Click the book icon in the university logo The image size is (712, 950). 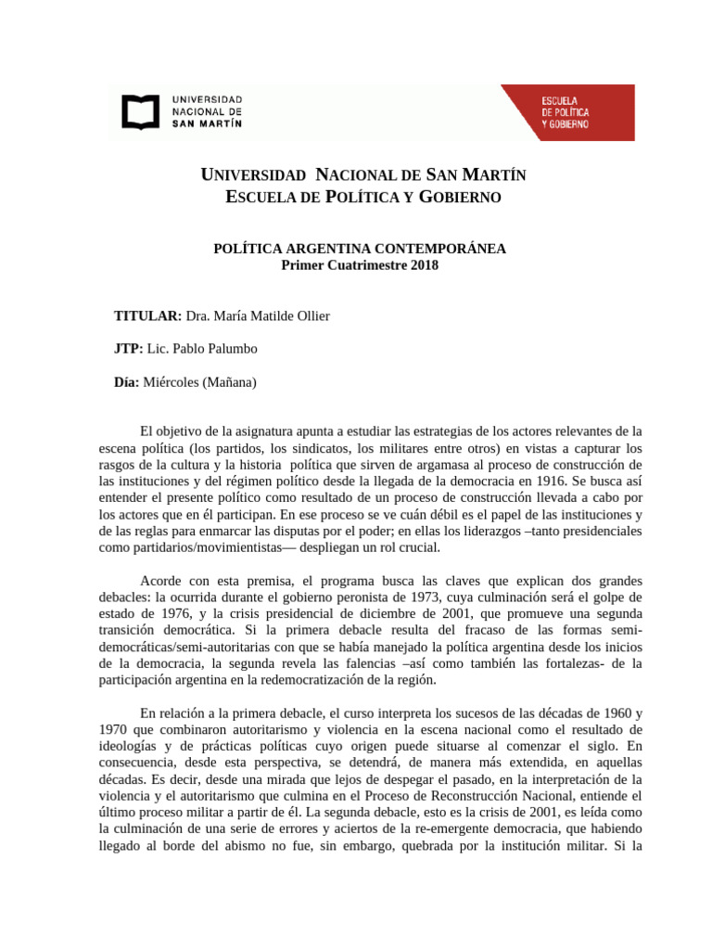pos(140,111)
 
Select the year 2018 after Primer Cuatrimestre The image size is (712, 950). pos(422,265)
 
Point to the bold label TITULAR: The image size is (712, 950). pos(147,316)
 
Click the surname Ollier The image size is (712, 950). pos(311,316)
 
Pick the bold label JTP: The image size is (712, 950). pos(129,349)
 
